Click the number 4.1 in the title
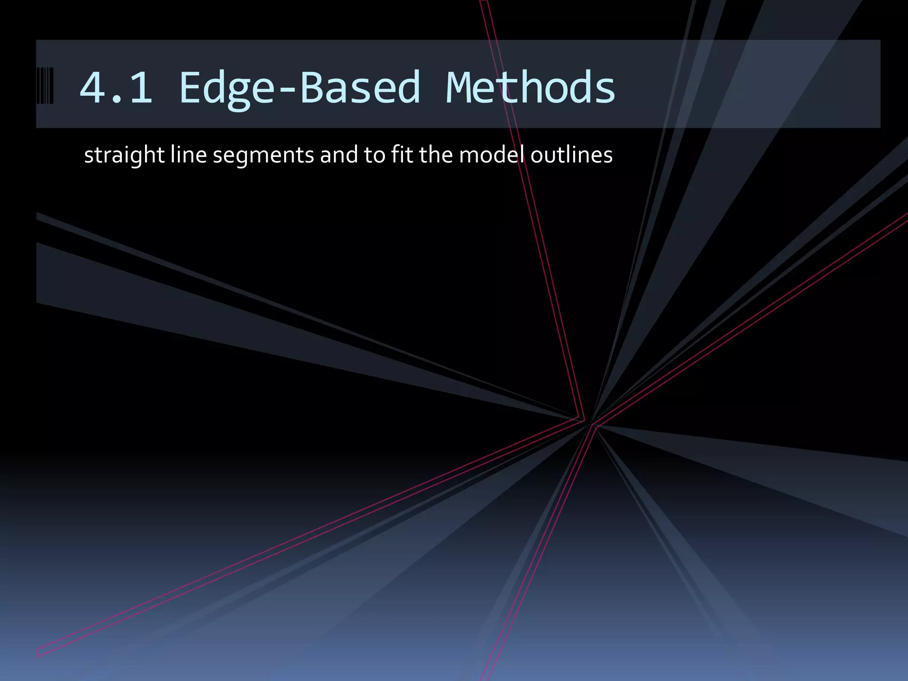[x=116, y=87]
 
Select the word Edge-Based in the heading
[x=299, y=87]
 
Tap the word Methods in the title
[x=530, y=87]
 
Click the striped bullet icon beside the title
[x=45, y=86]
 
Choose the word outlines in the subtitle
[x=571, y=155]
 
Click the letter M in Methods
[x=461, y=87]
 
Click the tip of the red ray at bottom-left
[x=38, y=653]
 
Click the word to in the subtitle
[x=374, y=155]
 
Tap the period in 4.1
[x=116, y=101]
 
